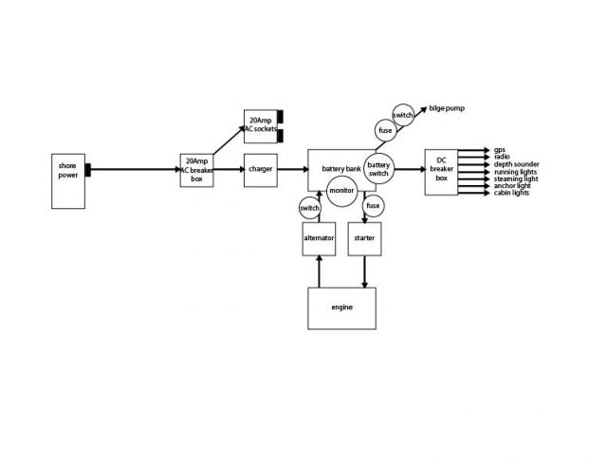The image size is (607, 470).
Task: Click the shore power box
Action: coord(68,181)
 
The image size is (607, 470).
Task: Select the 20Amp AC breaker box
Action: coord(196,170)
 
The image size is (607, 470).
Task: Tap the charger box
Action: coord(261,170)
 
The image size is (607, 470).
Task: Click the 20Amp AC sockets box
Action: coord(261,126)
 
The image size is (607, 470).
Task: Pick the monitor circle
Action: coord(341,191)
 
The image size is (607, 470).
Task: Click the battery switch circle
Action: coord(378,169)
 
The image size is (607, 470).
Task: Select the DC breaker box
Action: coord(441,172)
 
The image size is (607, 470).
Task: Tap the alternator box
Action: coord(319,238)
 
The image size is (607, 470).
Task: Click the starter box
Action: coord(364,238)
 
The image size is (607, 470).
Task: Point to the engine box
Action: coord(341,308)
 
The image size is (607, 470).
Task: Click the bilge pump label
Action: coord(447,108)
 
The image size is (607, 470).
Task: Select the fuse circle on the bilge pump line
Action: coord(386,131)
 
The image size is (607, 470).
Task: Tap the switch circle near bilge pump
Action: coord(403,115)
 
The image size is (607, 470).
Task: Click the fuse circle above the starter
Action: coord(373,206)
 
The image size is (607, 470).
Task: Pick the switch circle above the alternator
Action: coord(310,208)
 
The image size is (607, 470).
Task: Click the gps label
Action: coord(500,150)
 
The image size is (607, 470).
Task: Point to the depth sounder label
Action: coord(516,164)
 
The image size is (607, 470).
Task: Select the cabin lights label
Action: coord(511,193)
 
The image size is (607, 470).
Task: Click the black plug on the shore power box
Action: coord(88,170)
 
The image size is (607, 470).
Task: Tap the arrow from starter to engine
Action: coord(364,272)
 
